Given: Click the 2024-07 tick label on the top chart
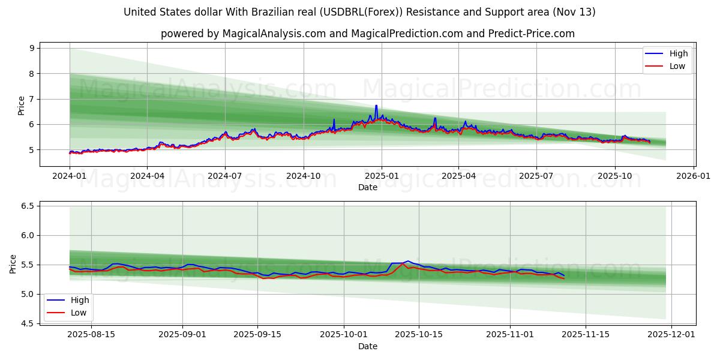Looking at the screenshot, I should pos(225,176).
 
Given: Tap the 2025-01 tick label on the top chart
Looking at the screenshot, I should pos(381,176).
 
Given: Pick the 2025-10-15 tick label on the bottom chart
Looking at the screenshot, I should pos(419,334).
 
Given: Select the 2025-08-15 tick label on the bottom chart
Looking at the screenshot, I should pos(91,334).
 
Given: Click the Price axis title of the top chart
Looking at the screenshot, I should pos(22,106).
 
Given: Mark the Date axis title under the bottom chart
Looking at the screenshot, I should pos(368,346).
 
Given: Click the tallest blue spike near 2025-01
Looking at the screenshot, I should pos(376,106).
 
